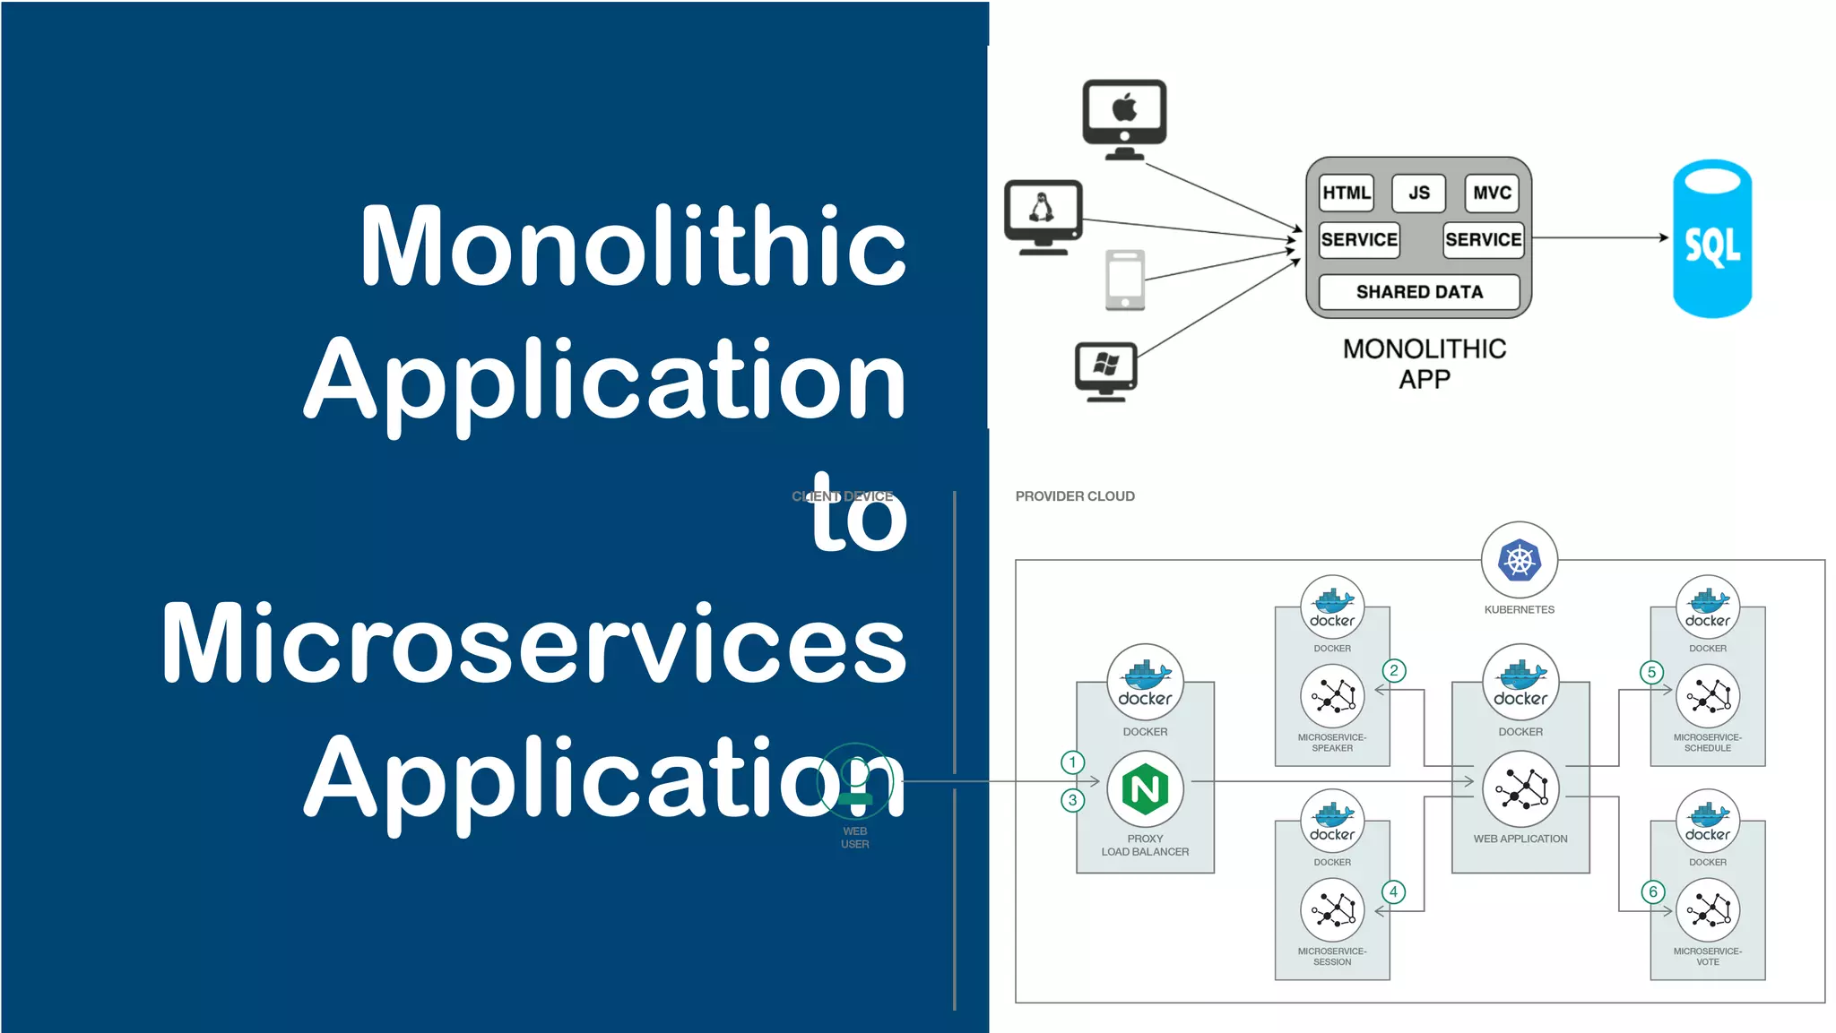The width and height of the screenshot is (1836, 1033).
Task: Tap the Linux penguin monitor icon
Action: (x=1043, y=216)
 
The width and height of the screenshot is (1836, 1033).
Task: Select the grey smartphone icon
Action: (x=1125, y=280)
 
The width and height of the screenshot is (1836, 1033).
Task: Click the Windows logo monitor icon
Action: (x=1106, y=370)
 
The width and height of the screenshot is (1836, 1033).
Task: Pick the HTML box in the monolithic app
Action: (x=1346, y=193)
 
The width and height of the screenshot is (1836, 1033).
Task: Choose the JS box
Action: (x=1418, y=193)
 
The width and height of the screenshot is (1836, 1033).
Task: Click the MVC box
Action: (x=1492, y=193)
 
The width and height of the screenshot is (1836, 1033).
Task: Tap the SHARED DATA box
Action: (x=1419, y=292)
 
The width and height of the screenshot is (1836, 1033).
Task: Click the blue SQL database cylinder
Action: (x=1711, y=239)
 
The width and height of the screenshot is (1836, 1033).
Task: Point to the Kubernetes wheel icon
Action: (x=1520, y=561)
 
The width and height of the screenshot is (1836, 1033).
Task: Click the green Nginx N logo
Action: (x=1145, y=789)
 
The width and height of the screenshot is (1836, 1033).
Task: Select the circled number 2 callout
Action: (x=1393, y=670)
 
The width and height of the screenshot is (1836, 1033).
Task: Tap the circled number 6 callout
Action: (x=1653, y=891)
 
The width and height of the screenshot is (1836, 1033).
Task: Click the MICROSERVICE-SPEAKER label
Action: (x=1332, y=743)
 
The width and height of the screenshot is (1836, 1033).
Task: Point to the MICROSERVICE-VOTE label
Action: (x=1707, y=956)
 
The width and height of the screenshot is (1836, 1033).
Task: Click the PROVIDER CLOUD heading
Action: (x=1075, y=496)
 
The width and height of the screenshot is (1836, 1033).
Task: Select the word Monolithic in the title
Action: (x=633, y=246)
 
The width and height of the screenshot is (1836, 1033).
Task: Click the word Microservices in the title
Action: (x=534, y=643)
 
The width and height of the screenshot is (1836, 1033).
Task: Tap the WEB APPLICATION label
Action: (x=1520, y=839)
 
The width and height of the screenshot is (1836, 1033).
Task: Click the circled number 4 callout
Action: (x=1393, y=891)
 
